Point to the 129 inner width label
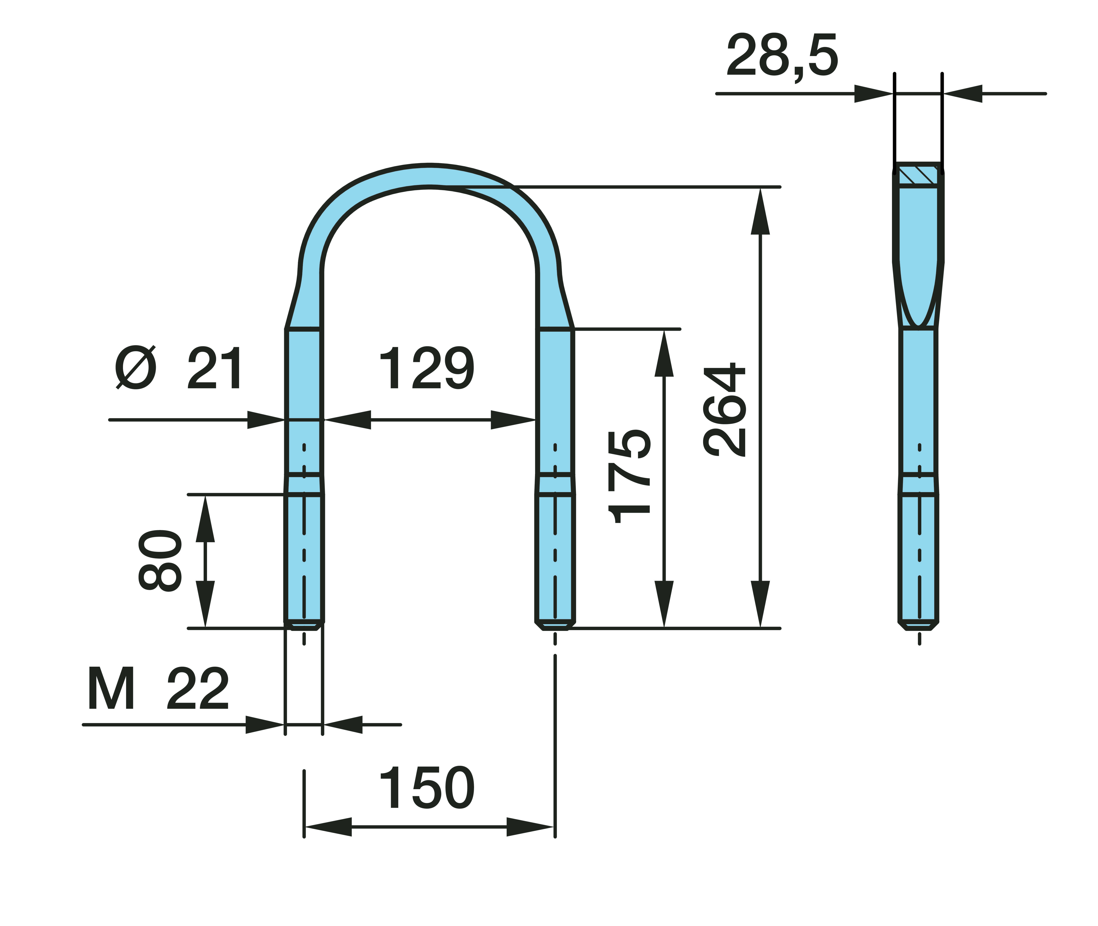point(427,368)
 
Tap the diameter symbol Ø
point(136,367)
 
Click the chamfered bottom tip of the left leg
point(304,626)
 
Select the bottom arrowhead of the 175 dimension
point(664,604)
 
